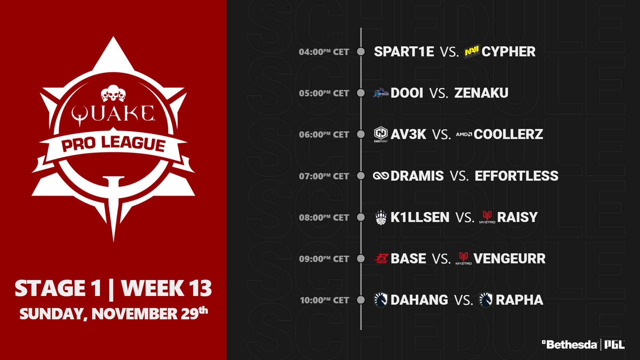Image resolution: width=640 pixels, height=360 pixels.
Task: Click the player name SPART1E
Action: coord(404,52)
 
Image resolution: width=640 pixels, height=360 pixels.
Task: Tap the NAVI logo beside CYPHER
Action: coord(472,52)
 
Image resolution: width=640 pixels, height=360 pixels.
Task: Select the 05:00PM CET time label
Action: coord(324,93)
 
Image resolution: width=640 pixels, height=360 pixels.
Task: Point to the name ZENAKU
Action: coord(481,93)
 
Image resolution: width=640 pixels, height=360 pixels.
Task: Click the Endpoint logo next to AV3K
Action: coord(381,134)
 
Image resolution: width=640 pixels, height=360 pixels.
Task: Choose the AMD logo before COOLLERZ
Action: coord(464,134)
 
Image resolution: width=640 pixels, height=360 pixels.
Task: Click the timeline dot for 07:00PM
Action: coord(361,176)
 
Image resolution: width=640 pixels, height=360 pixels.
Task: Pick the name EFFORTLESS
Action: coord(516,176)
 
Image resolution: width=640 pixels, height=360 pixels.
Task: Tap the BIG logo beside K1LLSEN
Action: coord(381,217)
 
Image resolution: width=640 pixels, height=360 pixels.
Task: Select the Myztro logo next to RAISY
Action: coord(487,217)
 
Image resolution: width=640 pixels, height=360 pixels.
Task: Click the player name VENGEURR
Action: coord(509,259)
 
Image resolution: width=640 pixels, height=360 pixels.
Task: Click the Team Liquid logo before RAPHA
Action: coord(486,300)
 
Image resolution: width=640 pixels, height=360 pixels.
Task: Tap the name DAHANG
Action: coord(419,300)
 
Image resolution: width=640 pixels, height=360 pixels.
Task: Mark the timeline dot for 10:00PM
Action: coord(361,300)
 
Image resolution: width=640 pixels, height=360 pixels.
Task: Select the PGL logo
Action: coord(614,345)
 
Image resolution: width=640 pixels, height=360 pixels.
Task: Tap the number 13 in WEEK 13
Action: coord(200,288)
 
